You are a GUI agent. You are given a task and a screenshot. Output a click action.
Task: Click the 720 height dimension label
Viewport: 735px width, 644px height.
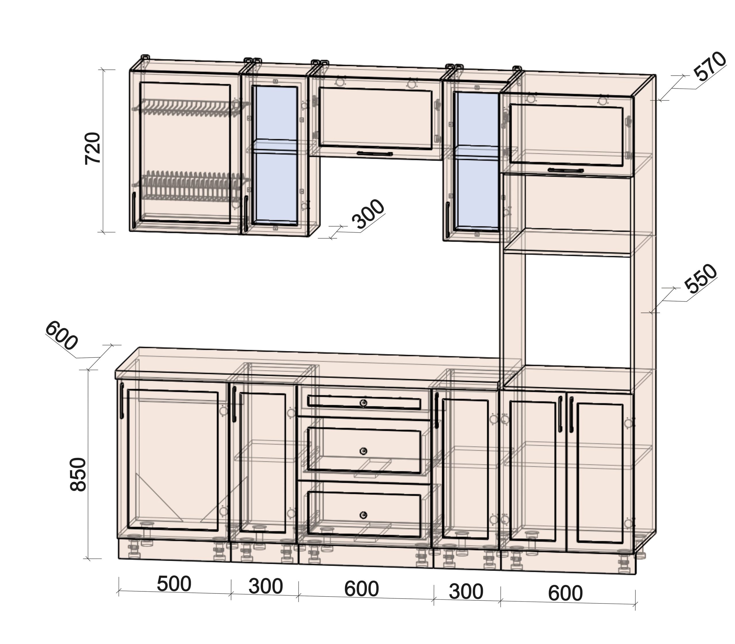[x=92, y=148]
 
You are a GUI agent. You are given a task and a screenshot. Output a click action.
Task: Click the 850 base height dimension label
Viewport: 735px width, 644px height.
[x=78, y=474]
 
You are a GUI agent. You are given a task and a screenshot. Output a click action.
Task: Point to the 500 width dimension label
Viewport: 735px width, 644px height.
[x=174, y=584]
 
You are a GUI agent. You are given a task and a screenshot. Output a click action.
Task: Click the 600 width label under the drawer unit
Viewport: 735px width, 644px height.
[x=361, y=589]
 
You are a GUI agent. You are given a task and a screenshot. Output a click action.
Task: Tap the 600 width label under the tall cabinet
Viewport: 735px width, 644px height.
[x=565, y=593]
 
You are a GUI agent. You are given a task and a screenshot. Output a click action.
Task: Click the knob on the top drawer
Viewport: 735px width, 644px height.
[x=363, y=403]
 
